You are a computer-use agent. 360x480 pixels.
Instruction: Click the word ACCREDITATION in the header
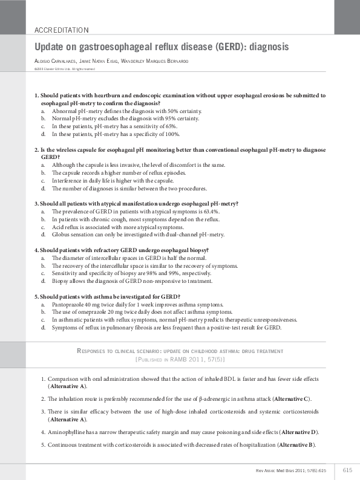[x=62, y=30]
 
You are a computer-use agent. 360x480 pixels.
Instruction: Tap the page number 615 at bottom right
[x=347, y=470]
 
